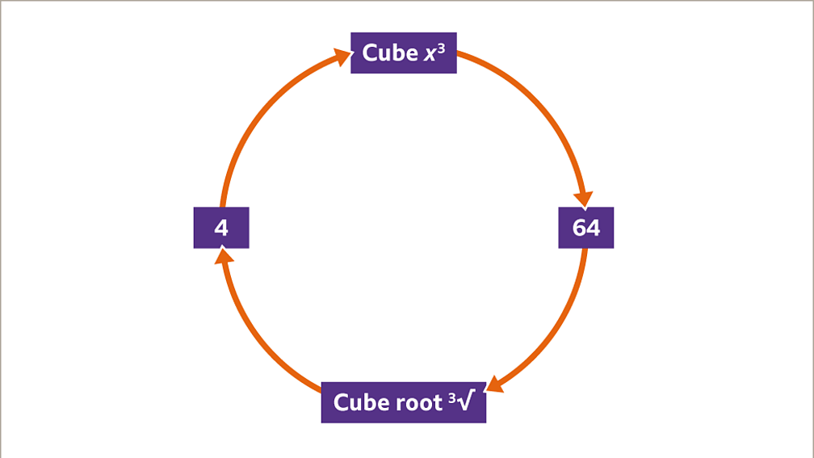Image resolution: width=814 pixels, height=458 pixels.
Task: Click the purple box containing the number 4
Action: click(x=221, y=228)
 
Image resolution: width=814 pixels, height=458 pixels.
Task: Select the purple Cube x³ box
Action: click(x=404, y=53)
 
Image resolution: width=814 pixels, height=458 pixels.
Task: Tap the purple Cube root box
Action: click(x=404, y=402)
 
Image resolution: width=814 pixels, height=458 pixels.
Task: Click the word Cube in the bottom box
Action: click(x=356, y=402)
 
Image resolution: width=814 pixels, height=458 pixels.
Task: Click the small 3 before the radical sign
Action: click(x=453, y=397)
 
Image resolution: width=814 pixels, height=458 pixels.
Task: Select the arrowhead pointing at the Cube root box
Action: click(x=494, y=384)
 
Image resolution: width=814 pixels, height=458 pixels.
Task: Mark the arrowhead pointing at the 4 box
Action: click(x=224, y=257)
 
